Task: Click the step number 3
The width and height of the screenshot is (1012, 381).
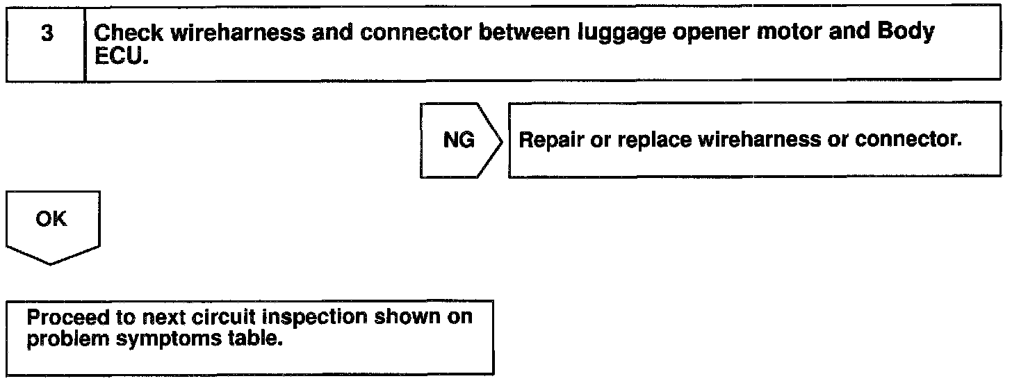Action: point(47,33)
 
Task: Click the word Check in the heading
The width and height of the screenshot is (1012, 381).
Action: point(129,33)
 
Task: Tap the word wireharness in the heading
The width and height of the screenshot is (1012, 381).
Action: point(238,33)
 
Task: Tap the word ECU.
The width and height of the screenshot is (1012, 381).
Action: point(122,56)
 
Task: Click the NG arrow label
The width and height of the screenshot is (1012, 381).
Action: point(459,140)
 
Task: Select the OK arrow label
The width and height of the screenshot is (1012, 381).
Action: point(51,219)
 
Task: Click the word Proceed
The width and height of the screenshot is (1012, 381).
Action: point(68,317)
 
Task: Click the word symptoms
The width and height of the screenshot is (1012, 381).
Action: point(169,339)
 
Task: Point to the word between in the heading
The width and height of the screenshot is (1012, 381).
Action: point(525,33)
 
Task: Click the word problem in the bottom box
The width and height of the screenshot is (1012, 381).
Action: point(68,339)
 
